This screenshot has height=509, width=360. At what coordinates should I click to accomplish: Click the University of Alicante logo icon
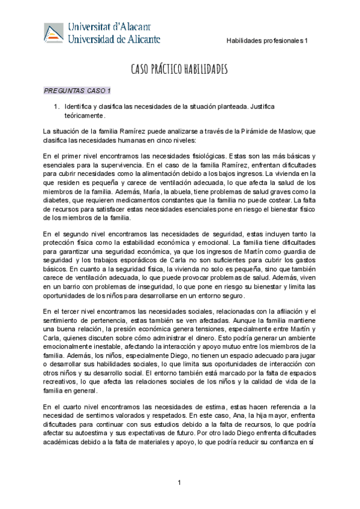55,33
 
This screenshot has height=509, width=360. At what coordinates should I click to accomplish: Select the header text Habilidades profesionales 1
266,41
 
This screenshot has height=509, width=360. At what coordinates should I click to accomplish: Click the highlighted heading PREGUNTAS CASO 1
77,91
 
